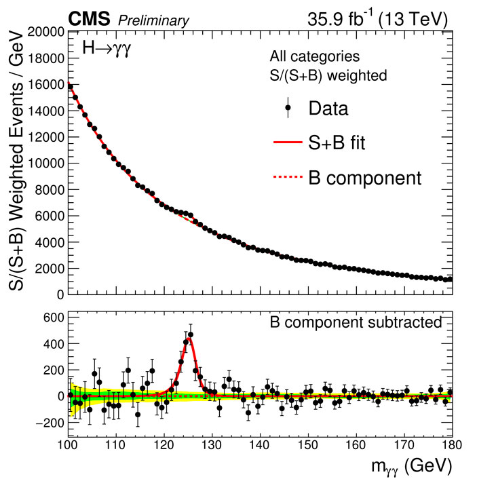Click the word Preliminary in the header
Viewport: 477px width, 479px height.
[153, 21]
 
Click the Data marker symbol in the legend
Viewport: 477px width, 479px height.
[288, 107]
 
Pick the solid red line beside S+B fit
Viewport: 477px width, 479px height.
[288, 144]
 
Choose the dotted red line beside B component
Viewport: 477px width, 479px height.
[288, 179]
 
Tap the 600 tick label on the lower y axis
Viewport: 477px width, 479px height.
[53, 317]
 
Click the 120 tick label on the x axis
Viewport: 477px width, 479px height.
[164, 446]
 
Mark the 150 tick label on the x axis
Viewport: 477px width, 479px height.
[308, 446]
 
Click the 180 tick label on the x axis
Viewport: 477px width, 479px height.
[451, 446]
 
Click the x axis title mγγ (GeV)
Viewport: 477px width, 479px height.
[407, 467]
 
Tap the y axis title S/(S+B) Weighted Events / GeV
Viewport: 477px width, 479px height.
[18, 163]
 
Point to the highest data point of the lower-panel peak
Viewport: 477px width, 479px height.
[191, 334]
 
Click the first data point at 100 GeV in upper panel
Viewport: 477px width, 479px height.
[69, 86]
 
